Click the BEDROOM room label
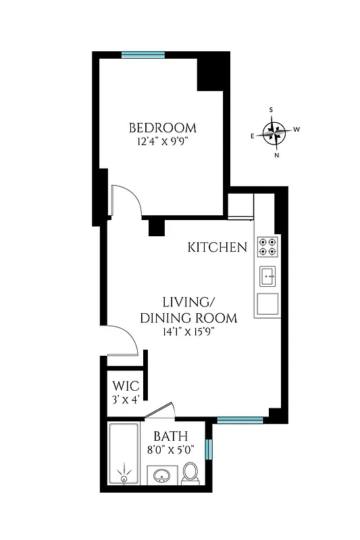coord(163,128)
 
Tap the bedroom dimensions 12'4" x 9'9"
coord(163,142)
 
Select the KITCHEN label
coord(217,248)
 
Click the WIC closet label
coord(126,387)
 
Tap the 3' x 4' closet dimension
coord(126,399)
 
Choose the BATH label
coord(170,437)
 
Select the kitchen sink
coord(268,275)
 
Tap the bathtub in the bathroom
coord(125,454)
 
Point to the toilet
coord(190,473)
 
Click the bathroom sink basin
coord(162,477)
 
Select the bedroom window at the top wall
coord(143,55)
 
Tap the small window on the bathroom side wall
coord(209,448)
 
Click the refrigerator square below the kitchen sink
coord(268,305)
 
